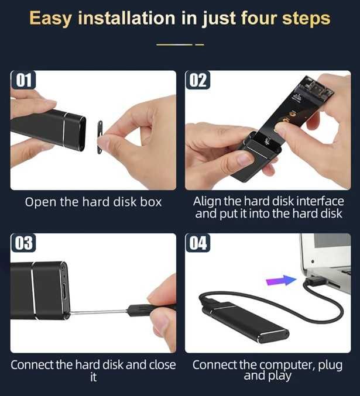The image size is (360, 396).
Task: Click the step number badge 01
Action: pos(23,80)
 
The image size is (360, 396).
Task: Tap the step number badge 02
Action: pos(198,80)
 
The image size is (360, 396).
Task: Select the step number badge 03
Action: pos(23,243)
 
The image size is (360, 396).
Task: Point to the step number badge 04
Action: pos(198,243)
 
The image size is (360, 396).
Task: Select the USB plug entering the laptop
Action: pos(314,281)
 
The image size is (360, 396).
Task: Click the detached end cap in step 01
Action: pos(100,137)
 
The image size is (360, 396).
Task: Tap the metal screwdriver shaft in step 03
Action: pos(98,312)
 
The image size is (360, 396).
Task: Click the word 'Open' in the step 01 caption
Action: pos(40,202)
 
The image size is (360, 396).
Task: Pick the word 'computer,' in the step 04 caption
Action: pos(287,366)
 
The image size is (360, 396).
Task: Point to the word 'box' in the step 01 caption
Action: pos(150,202)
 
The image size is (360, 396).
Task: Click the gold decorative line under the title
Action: pos(180,44)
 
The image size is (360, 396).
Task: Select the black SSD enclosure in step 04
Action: pos(248,322)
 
